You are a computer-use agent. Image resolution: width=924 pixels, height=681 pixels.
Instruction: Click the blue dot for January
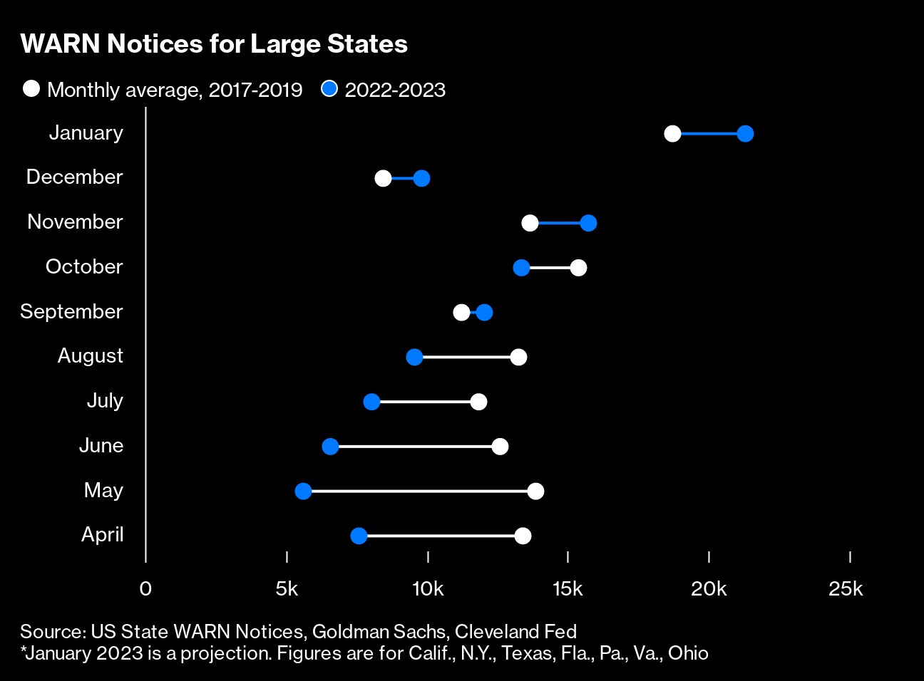click(745, 133)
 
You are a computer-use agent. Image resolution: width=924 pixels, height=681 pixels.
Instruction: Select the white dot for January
click(672, 133)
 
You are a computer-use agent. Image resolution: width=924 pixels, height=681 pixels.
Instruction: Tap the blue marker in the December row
click(421, 178)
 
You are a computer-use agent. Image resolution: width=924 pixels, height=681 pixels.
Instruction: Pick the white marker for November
click(530, 223)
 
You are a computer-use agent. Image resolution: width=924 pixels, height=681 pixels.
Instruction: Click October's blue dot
click(521, 268)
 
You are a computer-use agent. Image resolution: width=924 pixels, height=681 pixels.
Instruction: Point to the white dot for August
click(518, 357)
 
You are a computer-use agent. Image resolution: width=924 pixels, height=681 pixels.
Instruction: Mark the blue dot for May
click(303, 491)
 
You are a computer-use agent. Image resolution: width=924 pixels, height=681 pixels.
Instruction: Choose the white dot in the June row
click(500, 447)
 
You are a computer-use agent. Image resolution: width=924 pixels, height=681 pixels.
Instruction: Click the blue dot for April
click(359, 536)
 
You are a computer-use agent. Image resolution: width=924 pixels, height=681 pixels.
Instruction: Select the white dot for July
click(478, 402)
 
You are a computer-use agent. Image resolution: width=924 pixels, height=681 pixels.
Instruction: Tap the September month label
click(71, 311)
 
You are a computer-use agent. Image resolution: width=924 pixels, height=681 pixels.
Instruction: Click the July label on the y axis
click(105, 400)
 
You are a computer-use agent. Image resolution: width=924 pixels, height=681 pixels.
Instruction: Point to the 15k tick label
click(568, 589)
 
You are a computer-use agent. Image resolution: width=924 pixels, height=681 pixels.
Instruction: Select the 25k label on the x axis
click(846, 589)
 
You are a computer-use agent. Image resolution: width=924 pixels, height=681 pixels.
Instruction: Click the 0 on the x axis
click(145, 589)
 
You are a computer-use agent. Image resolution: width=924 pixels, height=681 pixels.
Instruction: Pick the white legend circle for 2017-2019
click(31, 89)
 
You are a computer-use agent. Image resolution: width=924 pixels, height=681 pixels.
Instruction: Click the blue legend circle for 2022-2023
click(329, 89)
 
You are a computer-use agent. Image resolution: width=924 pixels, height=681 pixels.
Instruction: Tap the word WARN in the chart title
click(61, 44)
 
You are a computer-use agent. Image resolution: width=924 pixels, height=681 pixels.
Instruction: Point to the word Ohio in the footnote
click(688, 653)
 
